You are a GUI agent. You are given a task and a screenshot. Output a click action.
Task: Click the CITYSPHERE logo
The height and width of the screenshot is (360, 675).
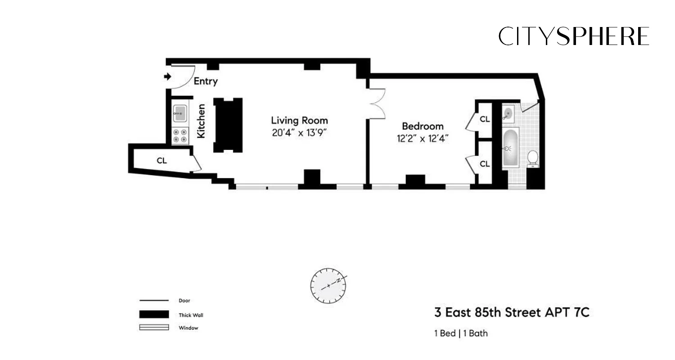574,36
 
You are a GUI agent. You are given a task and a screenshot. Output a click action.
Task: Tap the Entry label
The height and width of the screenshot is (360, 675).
206,81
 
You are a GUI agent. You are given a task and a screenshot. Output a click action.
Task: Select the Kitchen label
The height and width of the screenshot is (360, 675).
202,121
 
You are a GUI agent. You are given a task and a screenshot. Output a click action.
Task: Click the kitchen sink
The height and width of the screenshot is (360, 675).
180,113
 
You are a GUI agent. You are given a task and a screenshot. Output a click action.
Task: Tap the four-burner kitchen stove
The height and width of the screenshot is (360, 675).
180,135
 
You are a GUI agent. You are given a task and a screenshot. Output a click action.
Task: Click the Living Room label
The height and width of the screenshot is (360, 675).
299,121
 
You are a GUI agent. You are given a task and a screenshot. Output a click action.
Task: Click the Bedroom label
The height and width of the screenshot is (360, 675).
423,126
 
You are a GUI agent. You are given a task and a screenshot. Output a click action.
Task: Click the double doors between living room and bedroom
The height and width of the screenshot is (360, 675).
377,103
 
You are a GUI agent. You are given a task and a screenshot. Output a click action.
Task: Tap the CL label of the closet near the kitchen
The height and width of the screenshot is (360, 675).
162,161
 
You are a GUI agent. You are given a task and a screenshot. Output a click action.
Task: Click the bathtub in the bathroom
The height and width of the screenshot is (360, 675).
511,148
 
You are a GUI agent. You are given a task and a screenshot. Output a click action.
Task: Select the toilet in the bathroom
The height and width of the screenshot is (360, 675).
532,158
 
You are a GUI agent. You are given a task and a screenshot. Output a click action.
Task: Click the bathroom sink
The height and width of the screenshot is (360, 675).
508,113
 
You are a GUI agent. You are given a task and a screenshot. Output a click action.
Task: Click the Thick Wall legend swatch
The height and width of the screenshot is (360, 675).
154,315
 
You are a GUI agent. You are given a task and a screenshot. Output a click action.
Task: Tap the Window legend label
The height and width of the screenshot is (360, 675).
189,328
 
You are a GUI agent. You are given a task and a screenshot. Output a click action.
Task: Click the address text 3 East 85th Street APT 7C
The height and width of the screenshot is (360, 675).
511,312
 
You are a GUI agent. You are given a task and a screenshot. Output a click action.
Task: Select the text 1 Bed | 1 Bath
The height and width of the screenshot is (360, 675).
461,333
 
